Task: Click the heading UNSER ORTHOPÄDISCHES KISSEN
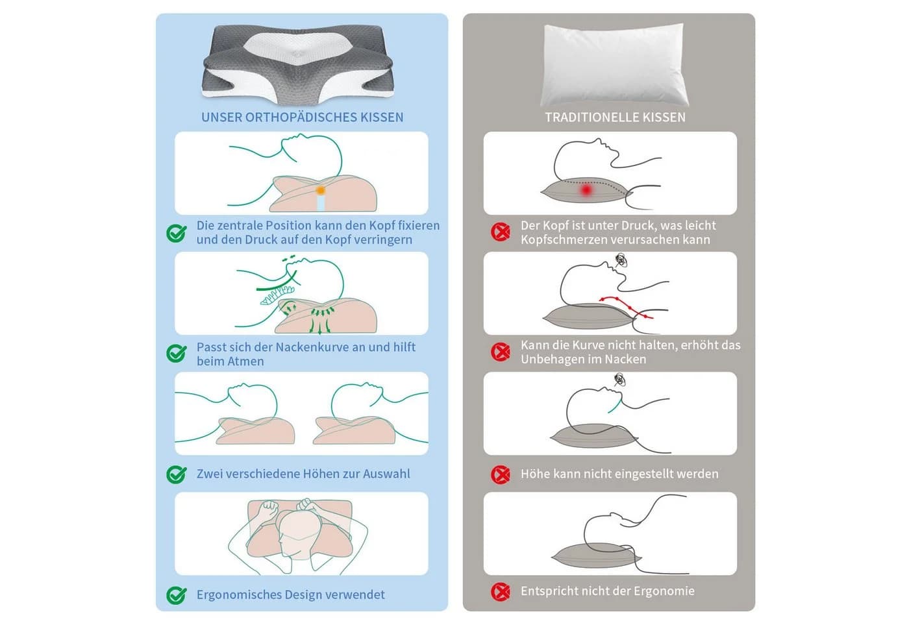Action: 303,117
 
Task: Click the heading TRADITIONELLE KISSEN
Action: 615,117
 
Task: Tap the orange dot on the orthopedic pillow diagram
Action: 321,190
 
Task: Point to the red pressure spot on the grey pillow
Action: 586,189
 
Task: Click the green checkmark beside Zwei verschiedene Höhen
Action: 177,474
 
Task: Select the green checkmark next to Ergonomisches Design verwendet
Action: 177,595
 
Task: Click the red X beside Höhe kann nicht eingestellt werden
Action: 501,474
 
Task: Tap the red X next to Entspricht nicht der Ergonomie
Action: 501,592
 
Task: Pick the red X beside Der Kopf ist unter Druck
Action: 501,232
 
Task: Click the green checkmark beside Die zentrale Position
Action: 177,233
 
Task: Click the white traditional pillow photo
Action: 614,65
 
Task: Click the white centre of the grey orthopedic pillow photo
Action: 297,51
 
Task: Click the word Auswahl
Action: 386,474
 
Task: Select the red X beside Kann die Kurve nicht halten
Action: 501,352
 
